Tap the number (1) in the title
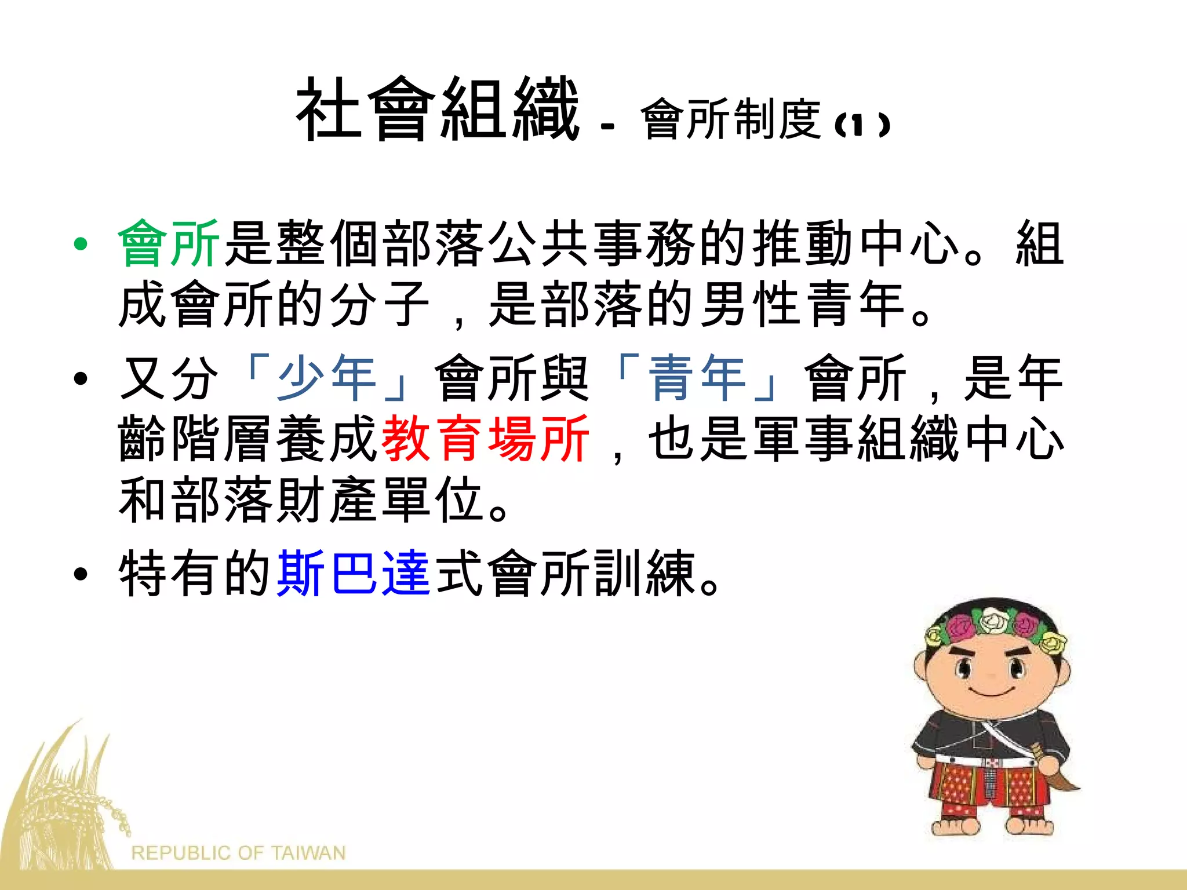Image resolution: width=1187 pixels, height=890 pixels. point(862,125)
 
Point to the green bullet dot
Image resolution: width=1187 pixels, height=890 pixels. point(81,244)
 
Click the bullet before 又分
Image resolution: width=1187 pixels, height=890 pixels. point(81,379)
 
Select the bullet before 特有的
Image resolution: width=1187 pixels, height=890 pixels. point(81,574)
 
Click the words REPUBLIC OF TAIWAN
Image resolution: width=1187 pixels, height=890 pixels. point(238,853)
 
